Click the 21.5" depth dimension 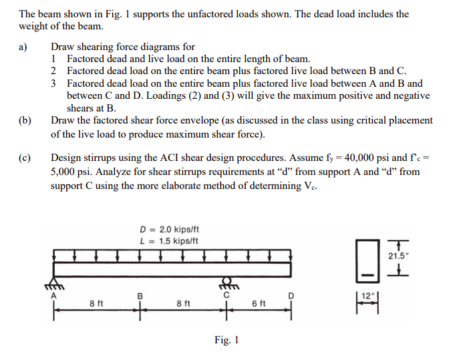400,256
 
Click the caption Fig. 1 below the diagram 226,341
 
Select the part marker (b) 25,121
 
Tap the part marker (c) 25,159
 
